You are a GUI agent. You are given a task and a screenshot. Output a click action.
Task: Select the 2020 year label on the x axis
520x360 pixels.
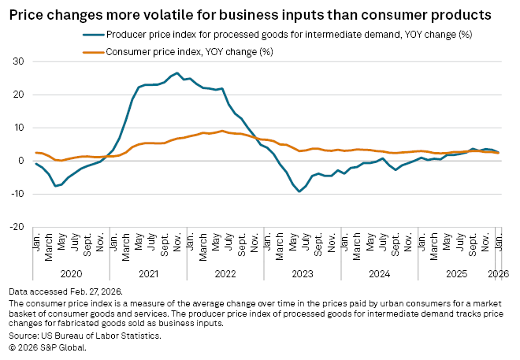click(x=71, y=273)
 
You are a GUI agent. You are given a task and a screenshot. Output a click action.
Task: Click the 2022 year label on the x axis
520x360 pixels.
click(x=225, y=273)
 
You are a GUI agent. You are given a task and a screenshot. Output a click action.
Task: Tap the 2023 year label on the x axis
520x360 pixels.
click(x=303, y=273)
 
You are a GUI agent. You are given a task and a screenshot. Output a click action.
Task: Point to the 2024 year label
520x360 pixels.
click(x=380, y=273)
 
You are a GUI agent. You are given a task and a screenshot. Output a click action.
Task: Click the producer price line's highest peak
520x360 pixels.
click(x=177, y=73)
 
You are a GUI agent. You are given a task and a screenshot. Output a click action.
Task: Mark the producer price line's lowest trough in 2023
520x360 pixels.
click(x=299, y=191)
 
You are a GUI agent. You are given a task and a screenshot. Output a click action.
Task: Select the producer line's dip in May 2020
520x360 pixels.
click(x=55, y=186)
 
